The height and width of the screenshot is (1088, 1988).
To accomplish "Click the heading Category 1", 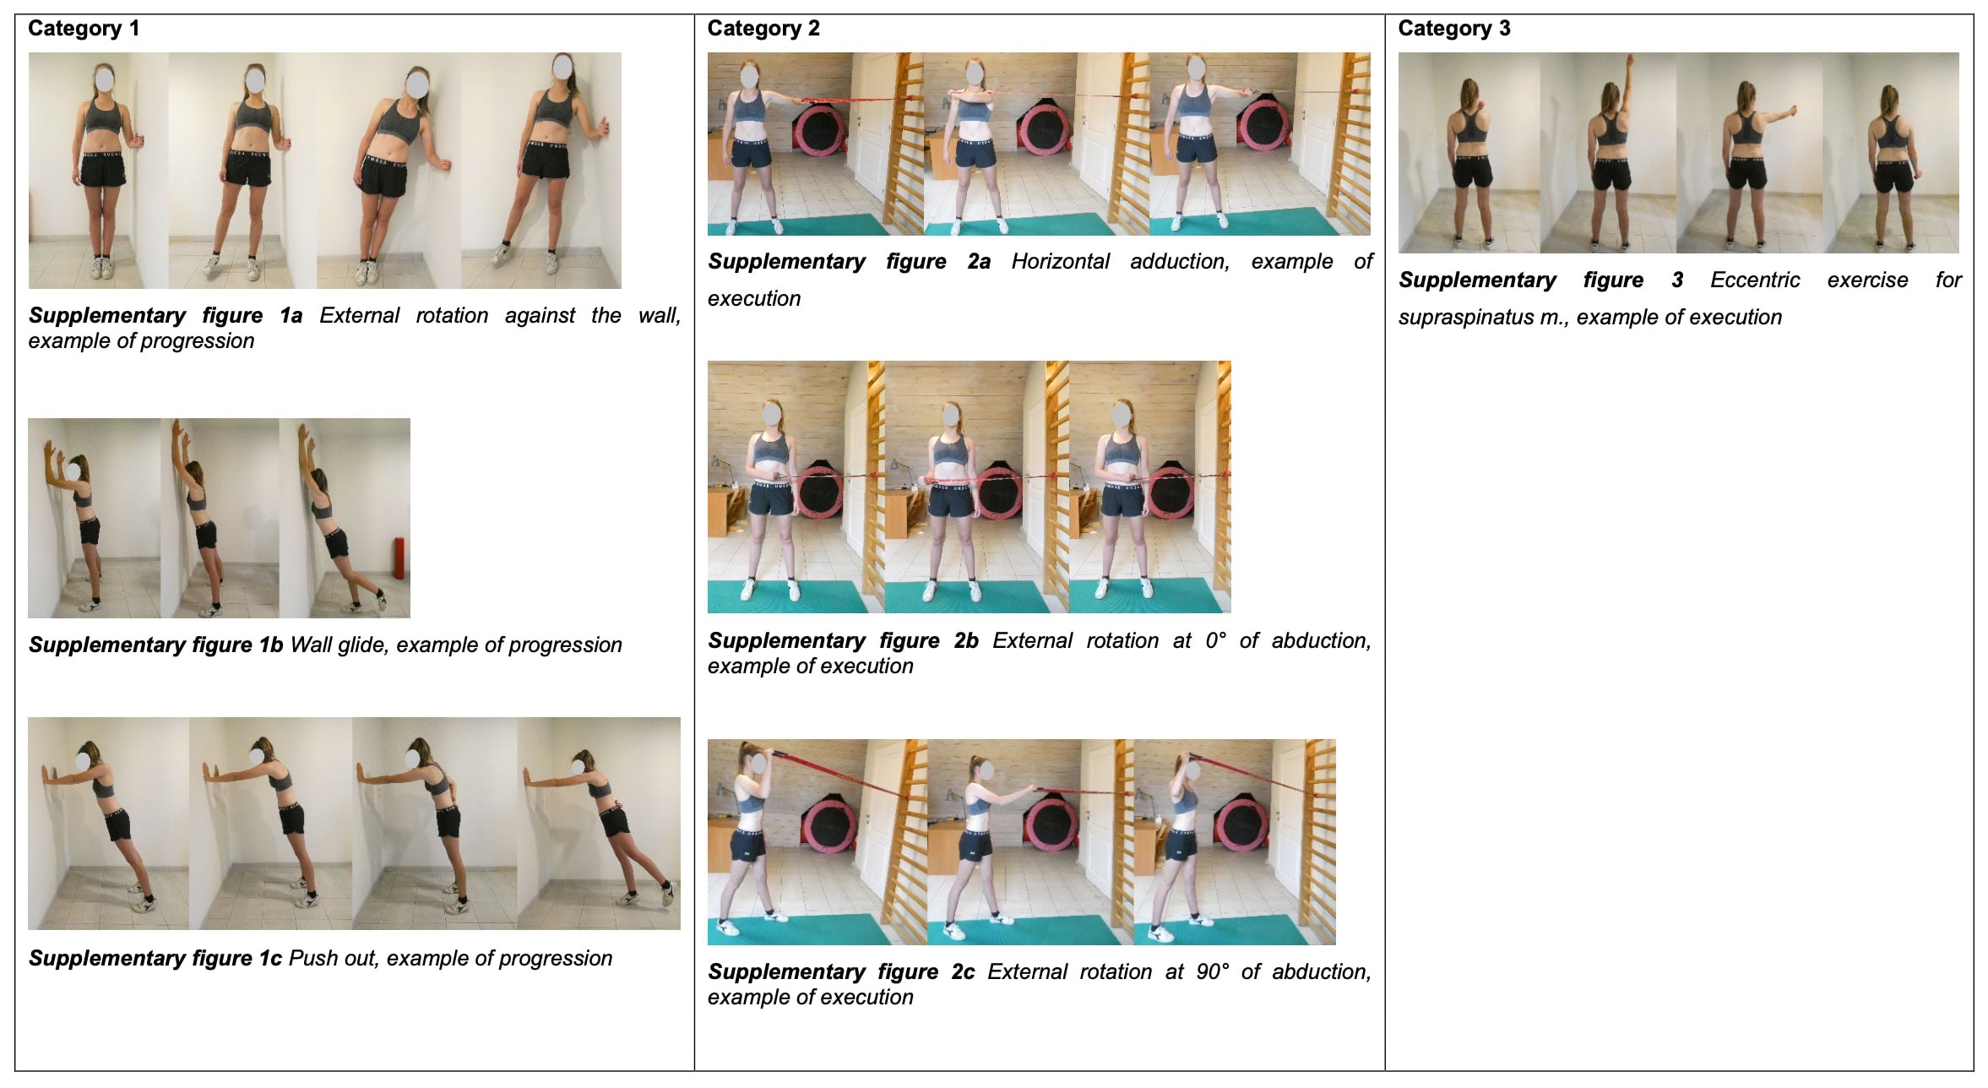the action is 84,29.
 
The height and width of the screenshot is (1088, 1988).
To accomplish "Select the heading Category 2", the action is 763,29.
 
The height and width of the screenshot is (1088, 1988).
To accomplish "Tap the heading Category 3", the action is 1454,29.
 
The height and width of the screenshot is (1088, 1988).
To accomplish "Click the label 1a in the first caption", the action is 291,316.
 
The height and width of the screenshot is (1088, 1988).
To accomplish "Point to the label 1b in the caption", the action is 270,645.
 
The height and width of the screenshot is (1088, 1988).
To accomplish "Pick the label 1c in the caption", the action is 269,959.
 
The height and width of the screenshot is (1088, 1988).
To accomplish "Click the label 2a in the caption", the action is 979,262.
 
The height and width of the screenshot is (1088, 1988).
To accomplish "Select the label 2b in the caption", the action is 966,641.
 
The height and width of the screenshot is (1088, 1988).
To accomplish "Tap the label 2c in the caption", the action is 963,972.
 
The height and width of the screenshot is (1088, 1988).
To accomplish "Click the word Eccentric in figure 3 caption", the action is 1755,280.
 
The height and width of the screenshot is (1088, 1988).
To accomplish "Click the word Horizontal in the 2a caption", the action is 1061,262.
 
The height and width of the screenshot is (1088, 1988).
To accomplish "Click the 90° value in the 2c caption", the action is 1213,972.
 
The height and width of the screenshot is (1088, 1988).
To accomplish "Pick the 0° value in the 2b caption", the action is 1216,641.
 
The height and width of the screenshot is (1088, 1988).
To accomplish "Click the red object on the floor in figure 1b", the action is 397,558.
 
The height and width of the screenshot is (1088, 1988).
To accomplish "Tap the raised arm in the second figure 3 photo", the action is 1627,85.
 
